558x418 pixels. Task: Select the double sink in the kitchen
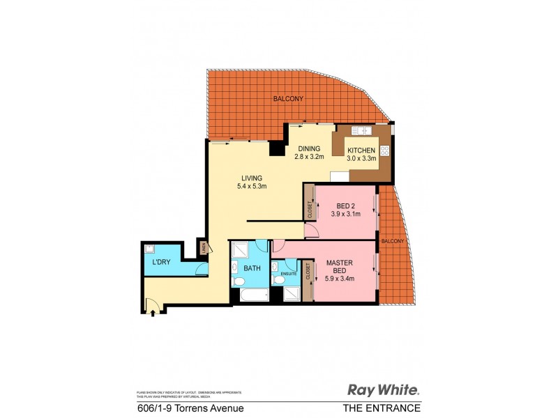coord(361,130)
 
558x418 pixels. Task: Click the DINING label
coord(309,148)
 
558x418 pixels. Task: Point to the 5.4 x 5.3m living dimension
coord(252,186)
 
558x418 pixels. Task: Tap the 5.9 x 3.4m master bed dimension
coord(340,279)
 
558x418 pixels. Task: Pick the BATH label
coord(251,268)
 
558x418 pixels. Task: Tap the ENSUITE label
coord(289,274)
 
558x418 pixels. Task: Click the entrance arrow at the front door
coord(153,304)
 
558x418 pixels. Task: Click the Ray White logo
coord(384,390)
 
